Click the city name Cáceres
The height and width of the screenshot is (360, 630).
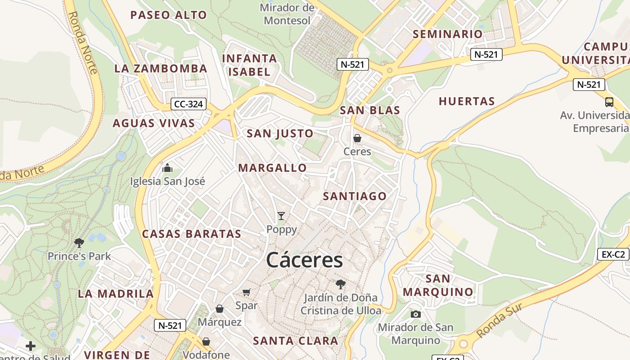click(x=305, y=260)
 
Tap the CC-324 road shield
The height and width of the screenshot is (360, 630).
click(x=189, y=104)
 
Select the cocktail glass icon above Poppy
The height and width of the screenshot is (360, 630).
click(x=281, y=216)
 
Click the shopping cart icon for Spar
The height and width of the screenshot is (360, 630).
click(x=246, y=292)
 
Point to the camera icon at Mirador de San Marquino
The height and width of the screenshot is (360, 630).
click(x=415, y=314)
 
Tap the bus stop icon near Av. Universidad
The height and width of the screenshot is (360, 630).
click(x=609, y=102)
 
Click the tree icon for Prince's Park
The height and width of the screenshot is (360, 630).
click(x=79, y=243)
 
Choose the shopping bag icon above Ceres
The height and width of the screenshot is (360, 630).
click(x=357, y=138)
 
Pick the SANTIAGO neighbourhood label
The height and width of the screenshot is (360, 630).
click(x=355, y=196)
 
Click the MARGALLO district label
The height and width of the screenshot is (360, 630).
click(x=272, y=168)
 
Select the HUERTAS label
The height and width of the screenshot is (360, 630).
click(x=467, y=101)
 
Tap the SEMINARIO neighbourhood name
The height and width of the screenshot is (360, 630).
click(x=447, y=34)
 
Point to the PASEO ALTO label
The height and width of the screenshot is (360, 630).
click(x=168, y=15)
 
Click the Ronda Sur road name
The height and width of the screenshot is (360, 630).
click(x=499, y=320)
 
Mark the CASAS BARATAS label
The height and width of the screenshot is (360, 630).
click(x=192, y=234)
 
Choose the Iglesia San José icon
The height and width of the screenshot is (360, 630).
click(x=167, y=168)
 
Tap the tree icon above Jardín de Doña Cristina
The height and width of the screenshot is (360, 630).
click(x=341, y=284)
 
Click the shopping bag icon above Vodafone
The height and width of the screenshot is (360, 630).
click(x=206, y=342)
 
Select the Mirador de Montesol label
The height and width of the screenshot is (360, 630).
click(x=287, y=14)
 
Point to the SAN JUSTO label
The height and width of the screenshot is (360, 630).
click(x=280, y=133)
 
